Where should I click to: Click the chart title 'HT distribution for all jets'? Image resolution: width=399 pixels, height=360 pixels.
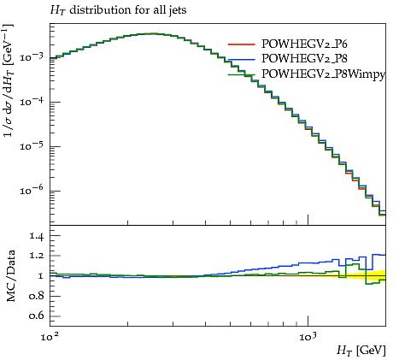[x=118, y=10]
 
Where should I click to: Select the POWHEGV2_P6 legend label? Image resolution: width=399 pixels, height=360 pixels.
[x=304, y=44]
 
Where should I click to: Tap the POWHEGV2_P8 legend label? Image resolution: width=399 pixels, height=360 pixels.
[x=304, y=58]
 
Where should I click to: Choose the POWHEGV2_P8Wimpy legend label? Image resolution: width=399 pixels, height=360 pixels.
[x=323, y=74]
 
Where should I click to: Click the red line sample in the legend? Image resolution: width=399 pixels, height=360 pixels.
[x=241, y=44]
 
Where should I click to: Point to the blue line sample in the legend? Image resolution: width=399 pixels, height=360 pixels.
[x=241, y=60]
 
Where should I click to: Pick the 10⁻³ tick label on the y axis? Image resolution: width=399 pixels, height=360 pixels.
[x=31, y=56]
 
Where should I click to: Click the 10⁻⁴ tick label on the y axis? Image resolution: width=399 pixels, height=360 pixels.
[x=31, y=101]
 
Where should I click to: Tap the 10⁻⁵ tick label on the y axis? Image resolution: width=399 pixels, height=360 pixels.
[x=31, y=145]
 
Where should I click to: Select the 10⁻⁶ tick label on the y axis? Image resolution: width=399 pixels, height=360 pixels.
[x=31, y=190]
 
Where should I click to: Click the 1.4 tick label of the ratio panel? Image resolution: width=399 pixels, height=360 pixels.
[x=36, y=236]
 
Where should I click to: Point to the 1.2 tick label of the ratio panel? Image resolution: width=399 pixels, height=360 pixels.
[x=36, y=256]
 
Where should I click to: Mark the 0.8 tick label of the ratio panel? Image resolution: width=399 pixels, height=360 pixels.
[x=36, y=296]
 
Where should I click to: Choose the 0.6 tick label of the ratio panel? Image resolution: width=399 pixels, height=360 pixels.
[x=36, y=316]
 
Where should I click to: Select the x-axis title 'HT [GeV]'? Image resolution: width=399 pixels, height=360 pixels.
[x=361, y=350]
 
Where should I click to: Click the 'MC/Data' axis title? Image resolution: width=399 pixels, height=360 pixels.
[x=10, y=275]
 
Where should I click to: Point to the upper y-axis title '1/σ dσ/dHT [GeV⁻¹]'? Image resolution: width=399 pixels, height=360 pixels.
[x=9, y=80]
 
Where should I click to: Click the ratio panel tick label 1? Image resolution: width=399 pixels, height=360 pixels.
[x=41, y=276]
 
